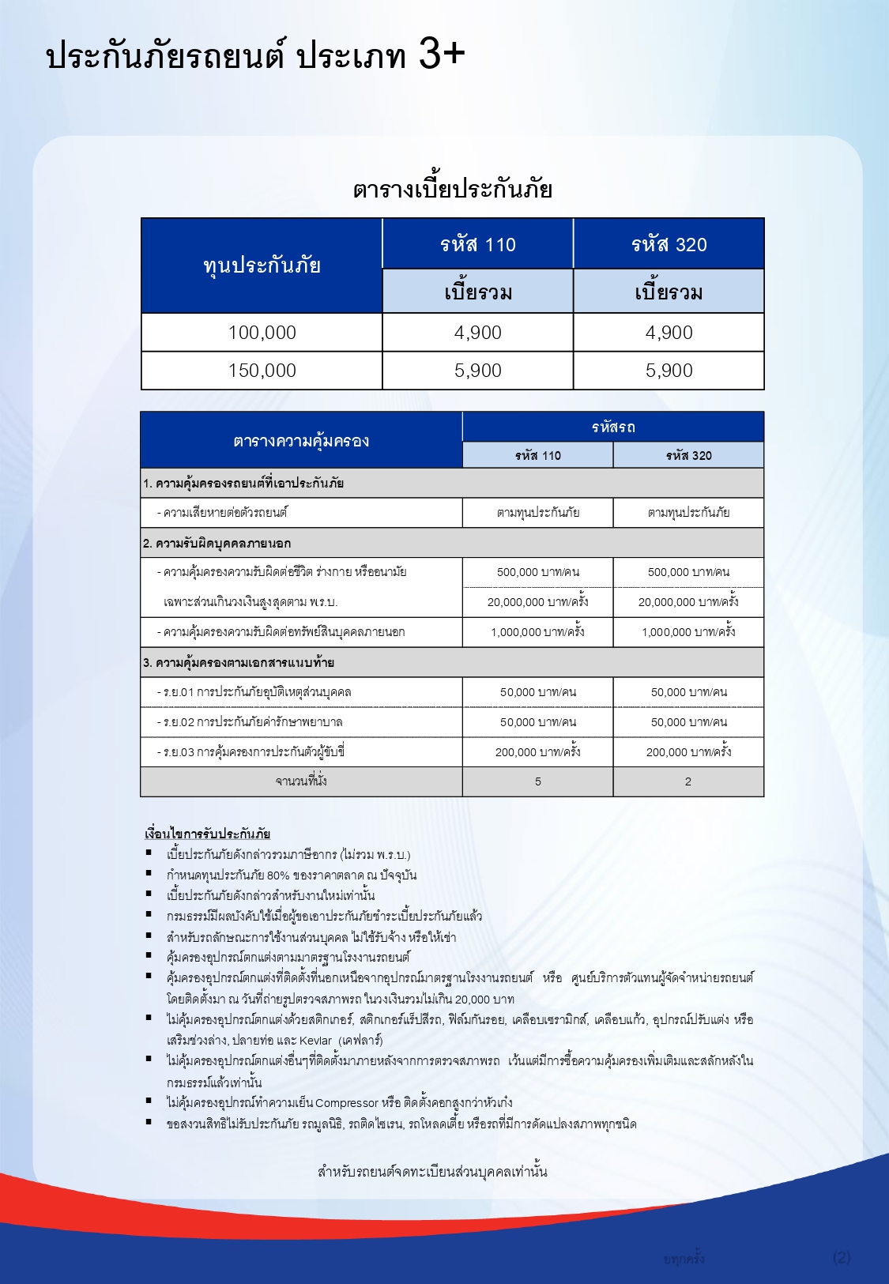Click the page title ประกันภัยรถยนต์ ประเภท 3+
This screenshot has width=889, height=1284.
click(x=254, y=56)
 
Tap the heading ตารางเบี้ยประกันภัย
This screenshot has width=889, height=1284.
click(x=452, y=190)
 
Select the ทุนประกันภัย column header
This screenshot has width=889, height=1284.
click(x=262, y=265)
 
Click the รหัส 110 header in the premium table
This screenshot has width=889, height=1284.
click(x=478, y=245)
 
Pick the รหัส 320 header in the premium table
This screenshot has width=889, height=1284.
click(x=669, y=245)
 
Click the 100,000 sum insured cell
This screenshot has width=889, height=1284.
click(x=262, y=333)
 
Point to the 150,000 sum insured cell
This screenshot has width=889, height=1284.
click(x=262, y=371)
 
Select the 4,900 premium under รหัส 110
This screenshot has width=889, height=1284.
click(x=478, y=333)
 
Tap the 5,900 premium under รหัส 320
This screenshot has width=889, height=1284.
click(x=669, y=371)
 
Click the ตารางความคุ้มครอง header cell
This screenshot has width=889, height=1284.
click(x=301, y=441)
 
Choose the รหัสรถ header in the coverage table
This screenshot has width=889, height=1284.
click(x=613, y=427)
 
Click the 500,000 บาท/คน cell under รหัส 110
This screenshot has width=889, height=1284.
click(x=538, y=572)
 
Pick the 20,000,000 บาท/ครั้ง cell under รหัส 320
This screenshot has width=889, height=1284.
click(x=688, y=602)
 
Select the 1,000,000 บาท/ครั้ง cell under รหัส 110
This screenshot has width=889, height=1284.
click(x=538, y=632)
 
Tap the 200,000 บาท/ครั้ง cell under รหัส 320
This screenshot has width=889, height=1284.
click(x=688, y=752)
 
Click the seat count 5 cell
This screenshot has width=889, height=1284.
click(x=538, y=781)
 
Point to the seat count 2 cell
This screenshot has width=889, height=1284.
click(x=688, y=781)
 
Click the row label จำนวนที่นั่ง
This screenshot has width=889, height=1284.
click(x=301, y=781)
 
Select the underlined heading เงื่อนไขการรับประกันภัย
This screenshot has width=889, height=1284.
click(x=207, y=834)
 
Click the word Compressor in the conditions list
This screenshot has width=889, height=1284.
click(x=347, y=1103)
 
